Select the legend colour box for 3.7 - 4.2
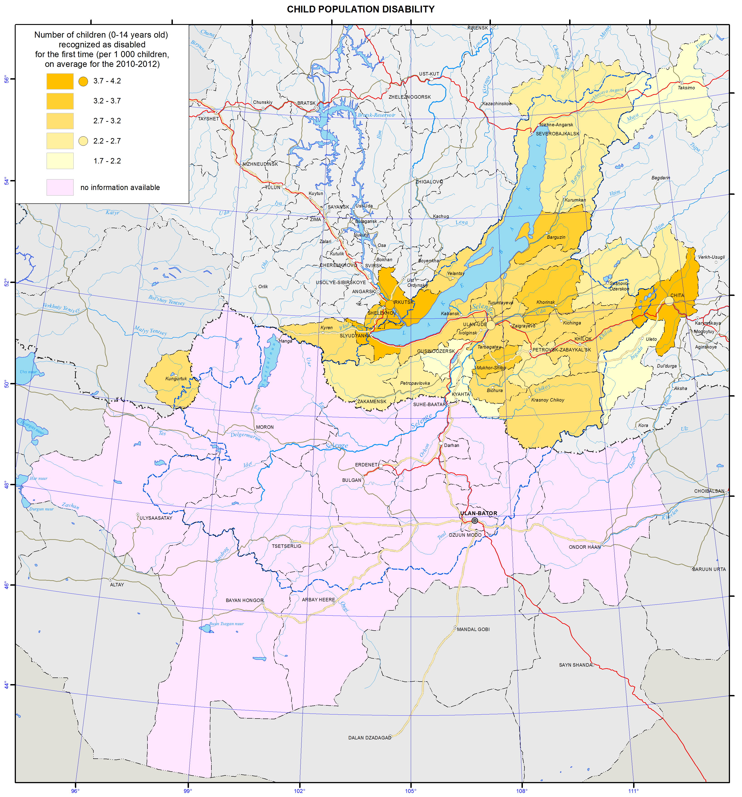point(60,81)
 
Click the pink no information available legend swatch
point(60,187)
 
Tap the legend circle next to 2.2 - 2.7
point(83,141)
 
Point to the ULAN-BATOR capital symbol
point(475,520)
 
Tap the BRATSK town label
point(306,103)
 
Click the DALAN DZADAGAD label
point(369,737)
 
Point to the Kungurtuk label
point(176,378)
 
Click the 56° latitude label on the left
point(6,79)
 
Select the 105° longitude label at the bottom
point(410,791)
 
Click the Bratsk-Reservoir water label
point(376,115)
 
